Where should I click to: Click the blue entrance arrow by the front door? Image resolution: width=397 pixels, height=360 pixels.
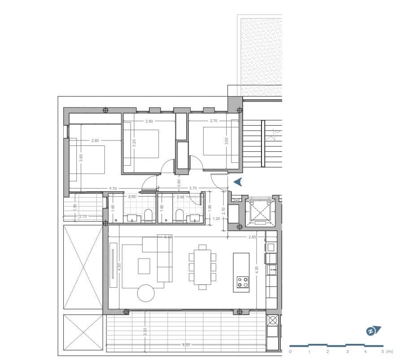[238, 181]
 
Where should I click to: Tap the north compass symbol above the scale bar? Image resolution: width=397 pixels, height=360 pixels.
[373, 331]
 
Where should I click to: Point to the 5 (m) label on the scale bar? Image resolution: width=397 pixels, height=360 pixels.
[385, 351]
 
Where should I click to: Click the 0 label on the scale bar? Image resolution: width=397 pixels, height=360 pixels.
[290, 351]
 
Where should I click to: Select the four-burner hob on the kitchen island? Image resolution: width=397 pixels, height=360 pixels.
[243, 282]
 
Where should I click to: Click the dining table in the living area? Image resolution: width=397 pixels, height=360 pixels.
[202, 267]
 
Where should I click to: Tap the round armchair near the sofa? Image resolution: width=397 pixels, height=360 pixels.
[146, 293]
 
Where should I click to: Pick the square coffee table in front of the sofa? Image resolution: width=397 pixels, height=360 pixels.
[144, 266]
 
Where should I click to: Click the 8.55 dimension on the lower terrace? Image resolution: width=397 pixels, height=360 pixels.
[186, 345]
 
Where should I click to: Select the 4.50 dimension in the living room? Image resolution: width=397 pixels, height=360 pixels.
[119, 266]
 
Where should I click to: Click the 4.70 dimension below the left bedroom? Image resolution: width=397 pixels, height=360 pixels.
[113, 189]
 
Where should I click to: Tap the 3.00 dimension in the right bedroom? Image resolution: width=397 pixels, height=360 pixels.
[227, 141]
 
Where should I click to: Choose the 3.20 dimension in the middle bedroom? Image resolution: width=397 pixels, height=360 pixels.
[134, 143]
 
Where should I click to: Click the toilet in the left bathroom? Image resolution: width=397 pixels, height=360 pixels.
[148, 217]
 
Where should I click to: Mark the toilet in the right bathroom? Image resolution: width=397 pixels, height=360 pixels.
[179, 217]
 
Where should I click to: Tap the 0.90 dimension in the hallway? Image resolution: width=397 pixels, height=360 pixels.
[179, 183]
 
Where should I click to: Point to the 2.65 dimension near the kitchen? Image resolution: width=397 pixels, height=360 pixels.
[253, 237]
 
